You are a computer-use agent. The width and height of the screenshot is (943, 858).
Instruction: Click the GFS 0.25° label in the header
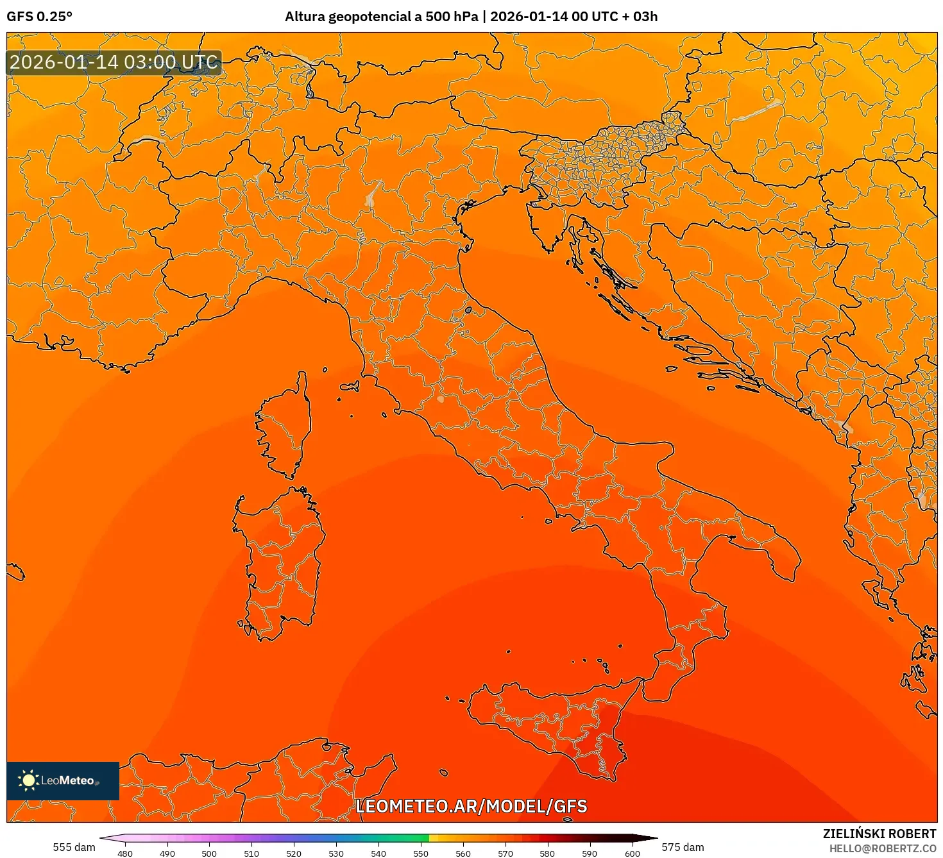pos(39,17)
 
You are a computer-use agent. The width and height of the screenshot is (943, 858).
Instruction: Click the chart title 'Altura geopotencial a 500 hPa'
pos(381,17)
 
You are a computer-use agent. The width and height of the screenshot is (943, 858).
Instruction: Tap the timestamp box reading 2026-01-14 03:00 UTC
pos(114,63)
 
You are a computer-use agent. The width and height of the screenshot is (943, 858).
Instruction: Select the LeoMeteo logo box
pos(63,780)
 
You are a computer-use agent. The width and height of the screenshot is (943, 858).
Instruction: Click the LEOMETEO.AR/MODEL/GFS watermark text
pos(471,806)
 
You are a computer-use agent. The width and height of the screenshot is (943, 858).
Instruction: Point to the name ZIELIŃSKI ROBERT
pos(879,834)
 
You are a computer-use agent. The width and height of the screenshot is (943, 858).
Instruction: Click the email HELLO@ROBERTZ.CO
pos(882,848)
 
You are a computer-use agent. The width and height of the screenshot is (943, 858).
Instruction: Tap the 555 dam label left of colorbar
pos(74,847)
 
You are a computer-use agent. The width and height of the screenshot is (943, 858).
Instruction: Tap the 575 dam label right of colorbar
pos(683,847)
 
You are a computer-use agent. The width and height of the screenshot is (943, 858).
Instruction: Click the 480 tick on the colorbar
pos(125,854)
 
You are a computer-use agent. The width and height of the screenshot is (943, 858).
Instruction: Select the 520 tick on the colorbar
pos(294,854)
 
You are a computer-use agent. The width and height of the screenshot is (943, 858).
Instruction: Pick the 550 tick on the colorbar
pos(420,854)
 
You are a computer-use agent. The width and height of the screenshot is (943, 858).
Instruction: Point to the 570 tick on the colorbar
pos(505,854)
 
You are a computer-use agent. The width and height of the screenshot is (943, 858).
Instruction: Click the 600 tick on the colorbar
pos(632,854)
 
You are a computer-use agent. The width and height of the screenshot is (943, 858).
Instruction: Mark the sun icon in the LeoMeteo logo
pos(28,780)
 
